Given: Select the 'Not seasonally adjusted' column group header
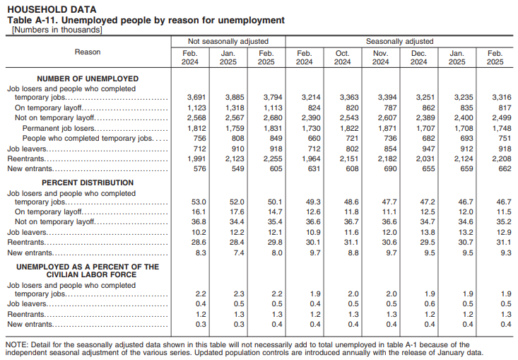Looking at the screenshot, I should (x=228, y=42).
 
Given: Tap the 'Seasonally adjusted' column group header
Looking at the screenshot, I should (x=399, y=42).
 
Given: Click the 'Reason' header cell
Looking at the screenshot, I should (x=88, y=52).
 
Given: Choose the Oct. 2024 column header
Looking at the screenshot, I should (x=342, y=57).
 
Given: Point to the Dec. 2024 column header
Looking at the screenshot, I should (x=418, y=57).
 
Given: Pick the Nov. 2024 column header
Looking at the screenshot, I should (x=380, y=57).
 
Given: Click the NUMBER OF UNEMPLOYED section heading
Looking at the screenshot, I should (x=88, y=79).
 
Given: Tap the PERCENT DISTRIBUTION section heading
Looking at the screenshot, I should (x=88, y=182).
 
